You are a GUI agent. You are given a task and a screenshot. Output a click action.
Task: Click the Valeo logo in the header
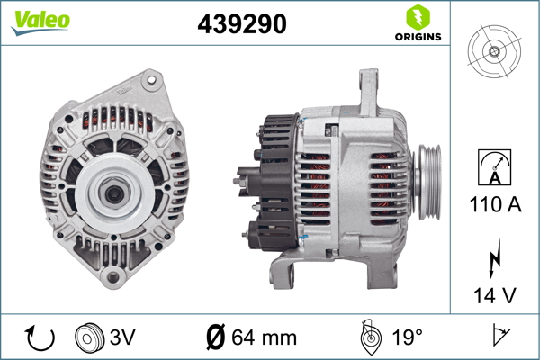[x=40, y=22]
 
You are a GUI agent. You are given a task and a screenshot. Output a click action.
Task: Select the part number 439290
[x=242, y=23]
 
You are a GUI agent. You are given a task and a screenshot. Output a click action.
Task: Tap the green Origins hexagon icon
[x=418, y=18]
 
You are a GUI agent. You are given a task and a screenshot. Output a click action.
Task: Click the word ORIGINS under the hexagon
[x=418, y=37]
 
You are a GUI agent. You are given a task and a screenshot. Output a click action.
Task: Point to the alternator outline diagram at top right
[x=494, y=51]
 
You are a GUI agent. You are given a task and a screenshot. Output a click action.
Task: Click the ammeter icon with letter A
[x=494, y=167]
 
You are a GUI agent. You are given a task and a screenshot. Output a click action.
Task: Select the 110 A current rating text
[x=495, y=204]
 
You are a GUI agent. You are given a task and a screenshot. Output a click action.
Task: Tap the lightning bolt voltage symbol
[x=494, y=258]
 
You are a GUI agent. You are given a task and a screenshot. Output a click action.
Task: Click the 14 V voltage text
[x=495, y=295]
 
